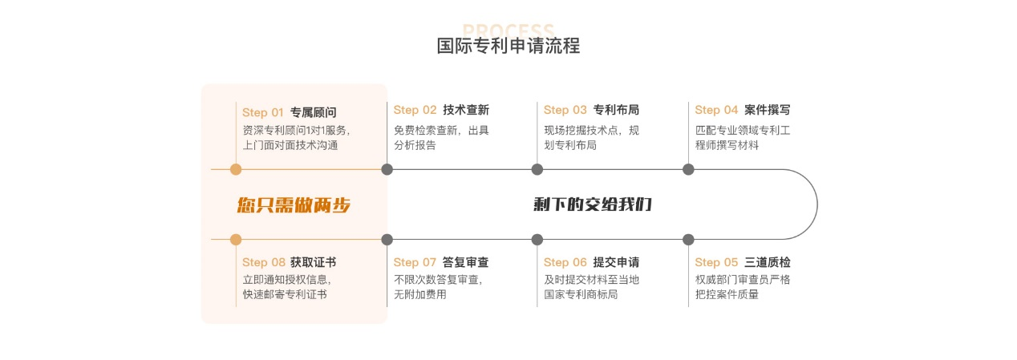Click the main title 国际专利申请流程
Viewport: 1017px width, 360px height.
pos(508,46)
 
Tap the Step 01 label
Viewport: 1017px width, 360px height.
pos(263,112)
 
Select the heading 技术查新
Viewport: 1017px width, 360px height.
pos(465,110)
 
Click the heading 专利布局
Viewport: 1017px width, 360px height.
pos(616,110)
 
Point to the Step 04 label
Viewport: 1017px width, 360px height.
pos(715,110)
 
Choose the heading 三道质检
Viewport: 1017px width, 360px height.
pos(767,262)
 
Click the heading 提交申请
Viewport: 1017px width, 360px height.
pos(616,262)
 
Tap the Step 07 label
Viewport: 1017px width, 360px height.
pos(415,262)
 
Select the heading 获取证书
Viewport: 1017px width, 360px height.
pos(313,262)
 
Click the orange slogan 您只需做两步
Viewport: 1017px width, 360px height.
pos(294,205)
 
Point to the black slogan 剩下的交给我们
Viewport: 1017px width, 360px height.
pos(593,204)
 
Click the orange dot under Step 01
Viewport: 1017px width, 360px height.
pos(236,169)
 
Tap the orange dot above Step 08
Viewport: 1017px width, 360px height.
pos(236,239)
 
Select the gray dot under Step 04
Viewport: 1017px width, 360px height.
pos(688,169)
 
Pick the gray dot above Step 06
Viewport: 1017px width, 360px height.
pos(537,239)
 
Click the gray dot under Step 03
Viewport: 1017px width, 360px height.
pos(537,169)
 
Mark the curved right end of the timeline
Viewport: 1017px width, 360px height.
pos(816,204)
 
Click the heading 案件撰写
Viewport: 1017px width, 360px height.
pos(767,110)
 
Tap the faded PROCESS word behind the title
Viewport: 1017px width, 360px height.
pos(508,29)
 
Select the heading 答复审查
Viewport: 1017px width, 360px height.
pos(465,262)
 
